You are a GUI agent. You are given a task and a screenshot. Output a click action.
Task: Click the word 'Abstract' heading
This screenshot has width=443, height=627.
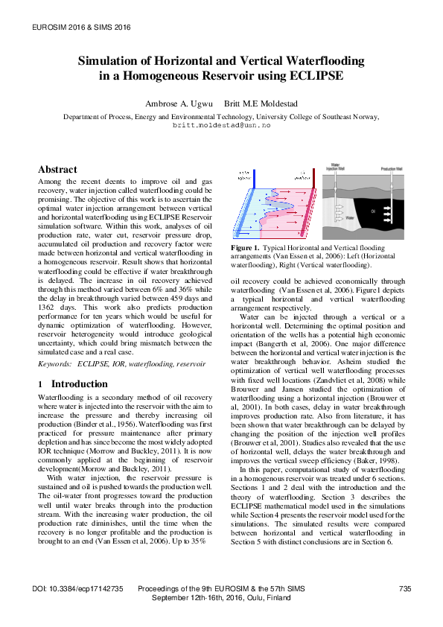point(57,170)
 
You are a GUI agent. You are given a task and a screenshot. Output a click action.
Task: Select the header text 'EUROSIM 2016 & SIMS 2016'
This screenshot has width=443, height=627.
point(78,27)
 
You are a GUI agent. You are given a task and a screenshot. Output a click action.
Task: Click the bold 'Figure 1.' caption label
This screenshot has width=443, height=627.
point(245,246)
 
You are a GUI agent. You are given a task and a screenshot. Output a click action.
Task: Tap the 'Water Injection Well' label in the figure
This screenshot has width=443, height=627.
point(337,170)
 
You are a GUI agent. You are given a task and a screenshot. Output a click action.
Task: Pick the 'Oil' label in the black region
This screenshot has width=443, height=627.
point(372,211)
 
